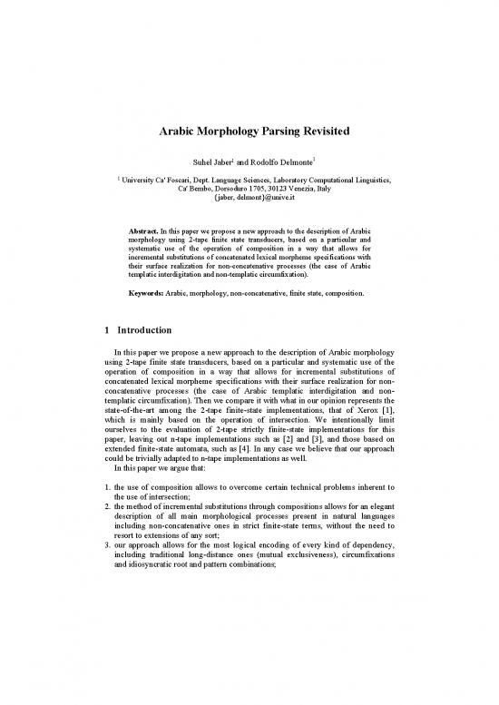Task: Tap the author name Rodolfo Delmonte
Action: click(x=276, y=163)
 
